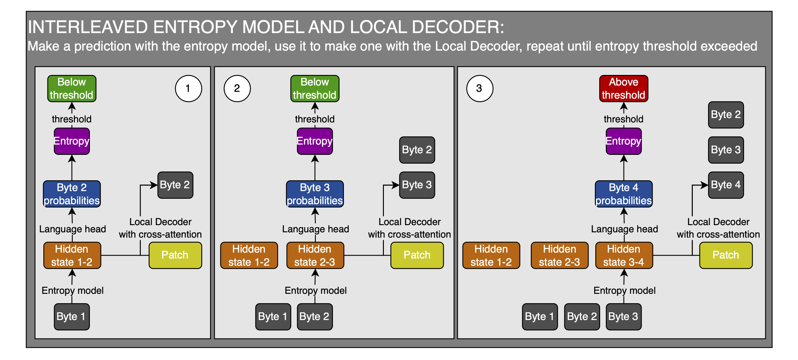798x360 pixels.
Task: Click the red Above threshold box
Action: [623, 88]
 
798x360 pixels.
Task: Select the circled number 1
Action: [188, 88]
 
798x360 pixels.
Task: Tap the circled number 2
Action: [237, 88]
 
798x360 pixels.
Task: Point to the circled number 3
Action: [479, 88]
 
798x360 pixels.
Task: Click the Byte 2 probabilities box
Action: [72, 194]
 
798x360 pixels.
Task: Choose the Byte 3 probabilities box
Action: [315, 194]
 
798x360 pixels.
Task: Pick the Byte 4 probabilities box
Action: [623, 194]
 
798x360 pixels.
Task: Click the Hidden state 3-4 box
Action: [624, 255]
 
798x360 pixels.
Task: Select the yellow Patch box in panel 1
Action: [175, 255]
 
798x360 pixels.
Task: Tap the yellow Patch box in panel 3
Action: [726, 255]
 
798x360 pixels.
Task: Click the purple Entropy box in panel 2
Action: [315, 141]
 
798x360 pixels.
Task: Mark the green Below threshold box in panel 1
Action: [72, 88]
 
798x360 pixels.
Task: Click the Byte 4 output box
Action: [726, 185]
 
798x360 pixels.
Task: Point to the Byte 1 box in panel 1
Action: [71, 317]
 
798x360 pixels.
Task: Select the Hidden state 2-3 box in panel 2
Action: [315, 255]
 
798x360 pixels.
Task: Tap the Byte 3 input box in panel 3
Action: [623, 317]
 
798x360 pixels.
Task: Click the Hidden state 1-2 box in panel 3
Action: [491, 255]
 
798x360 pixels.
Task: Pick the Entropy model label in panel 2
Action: [316, 290]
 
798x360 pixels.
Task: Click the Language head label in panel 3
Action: [624, 229]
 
